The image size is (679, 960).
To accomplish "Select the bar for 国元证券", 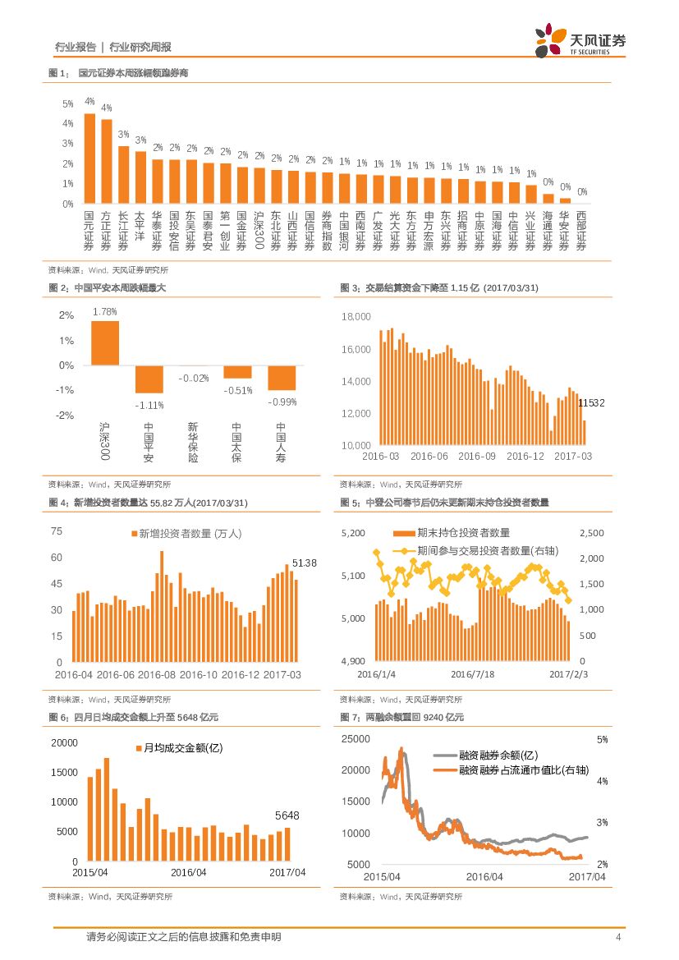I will tap(89, 158).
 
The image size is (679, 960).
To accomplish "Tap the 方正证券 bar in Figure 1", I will tap(107, 161).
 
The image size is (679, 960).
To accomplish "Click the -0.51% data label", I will tap(236, 390).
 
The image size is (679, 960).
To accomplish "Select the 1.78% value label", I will tap(105, 312).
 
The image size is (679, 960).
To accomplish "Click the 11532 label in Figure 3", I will tap(591, 402).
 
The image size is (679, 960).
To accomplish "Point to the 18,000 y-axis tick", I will tap(356, 317).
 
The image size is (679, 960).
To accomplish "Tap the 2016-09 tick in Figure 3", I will tap(477, 456).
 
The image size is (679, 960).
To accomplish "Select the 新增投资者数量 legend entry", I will tap(186, 533).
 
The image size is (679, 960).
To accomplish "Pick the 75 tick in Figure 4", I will tap(57, 531).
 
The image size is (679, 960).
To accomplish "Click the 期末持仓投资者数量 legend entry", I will tap(452, 533).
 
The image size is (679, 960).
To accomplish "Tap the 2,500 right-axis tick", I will tap(592, 534).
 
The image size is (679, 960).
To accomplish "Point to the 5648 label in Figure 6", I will tap(287, 815).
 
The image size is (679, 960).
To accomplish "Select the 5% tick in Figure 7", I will tap(602, 740).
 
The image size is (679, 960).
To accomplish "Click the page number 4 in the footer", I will tap(618, 937).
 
